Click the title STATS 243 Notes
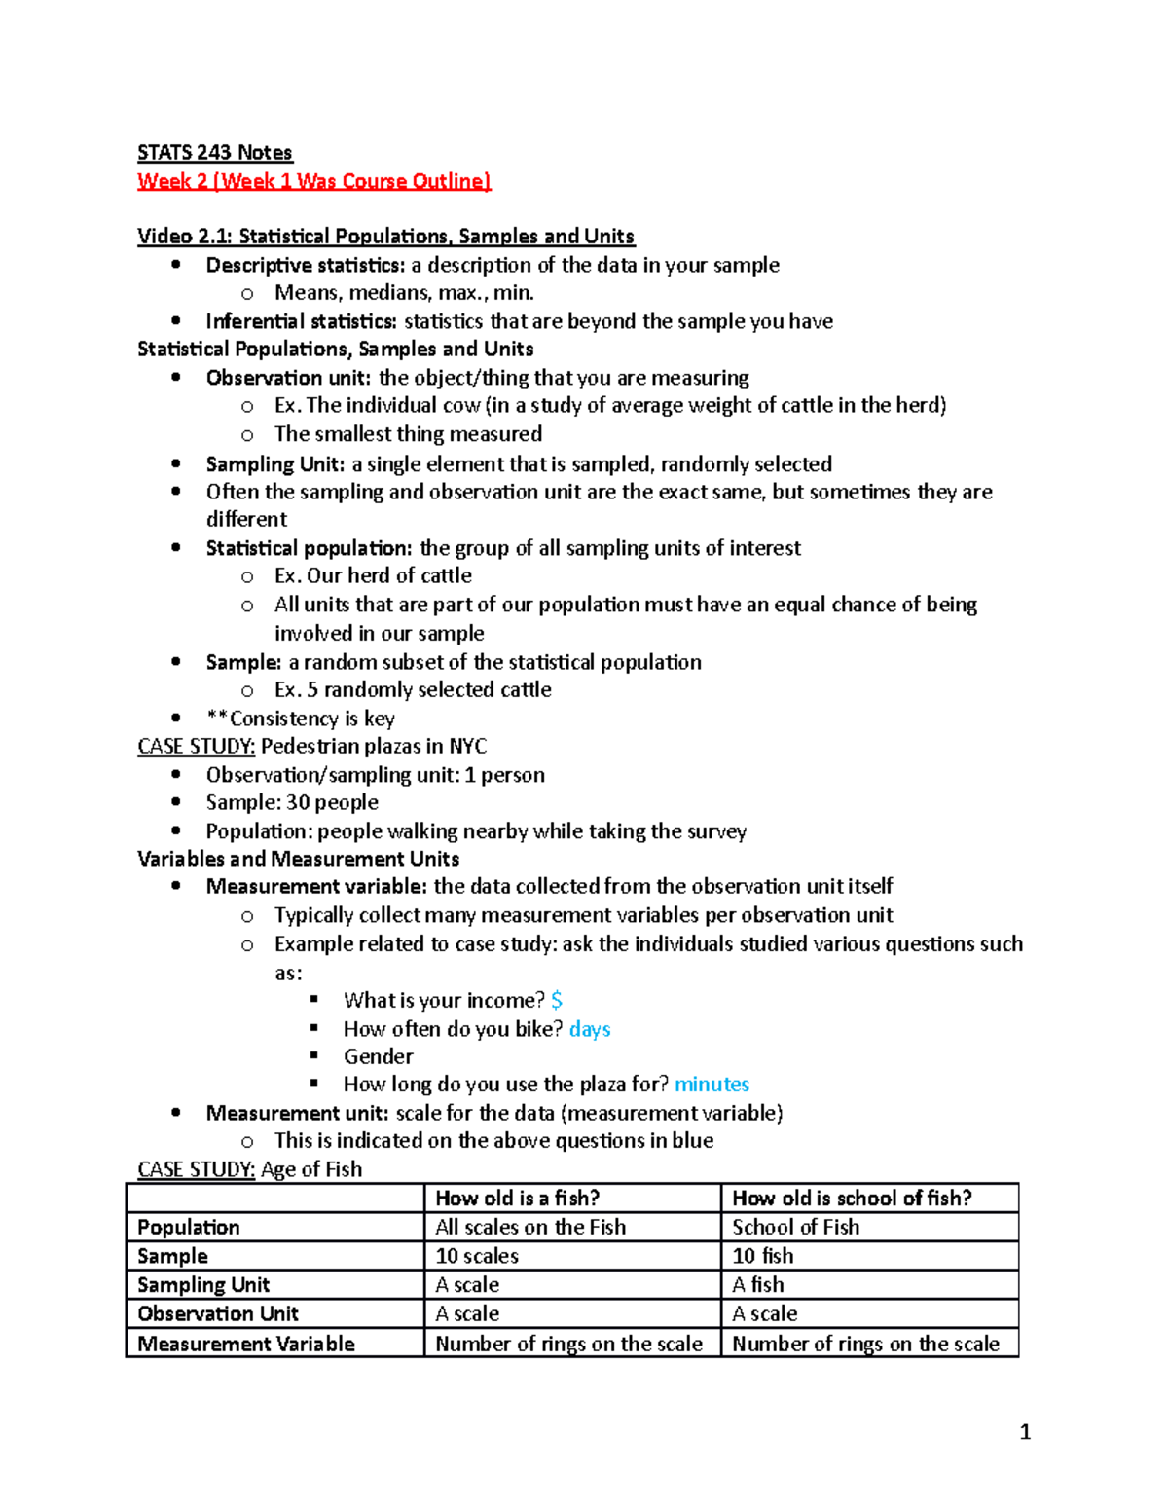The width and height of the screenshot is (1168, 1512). (x=214, y=153)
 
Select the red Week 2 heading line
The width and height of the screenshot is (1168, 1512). (x=313, y=181)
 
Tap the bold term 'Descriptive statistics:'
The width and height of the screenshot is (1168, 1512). (x=305, y=265)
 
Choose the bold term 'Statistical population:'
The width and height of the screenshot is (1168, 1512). (x=309, y=548)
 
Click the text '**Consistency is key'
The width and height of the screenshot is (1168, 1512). (x=300, y=719)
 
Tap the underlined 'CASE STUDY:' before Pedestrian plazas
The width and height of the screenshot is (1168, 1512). (x=196, y=747)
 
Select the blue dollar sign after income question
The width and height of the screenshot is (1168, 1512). (x=557, y=1000)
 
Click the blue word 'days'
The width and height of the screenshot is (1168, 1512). (x=590, y=1029)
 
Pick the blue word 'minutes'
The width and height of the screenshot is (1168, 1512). (x=712, y=1085)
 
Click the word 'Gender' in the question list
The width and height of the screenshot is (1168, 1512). (x=378, y=1056)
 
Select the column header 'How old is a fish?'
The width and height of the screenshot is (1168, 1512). (x=517, y=1199)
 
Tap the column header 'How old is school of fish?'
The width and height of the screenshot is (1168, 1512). (x=852, y=1199)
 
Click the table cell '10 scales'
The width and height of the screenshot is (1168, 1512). (x=477, y=1256)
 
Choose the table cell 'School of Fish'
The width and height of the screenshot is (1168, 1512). (x=795, y=1227)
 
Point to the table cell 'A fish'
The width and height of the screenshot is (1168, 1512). (x=757, y=1285)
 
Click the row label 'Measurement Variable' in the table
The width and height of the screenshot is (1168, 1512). (x=246, y=1344)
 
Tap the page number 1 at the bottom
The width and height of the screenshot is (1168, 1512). (x=1024, y=1431)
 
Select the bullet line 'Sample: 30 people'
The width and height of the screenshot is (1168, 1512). (x=292, y=803)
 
